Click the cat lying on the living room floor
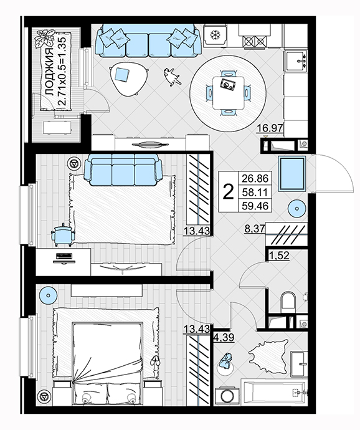pos(172,77)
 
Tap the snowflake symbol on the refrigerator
pos(215,35)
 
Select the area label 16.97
pos(270,128)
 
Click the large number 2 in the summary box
pos(229,192)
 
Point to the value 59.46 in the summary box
pos(255,206)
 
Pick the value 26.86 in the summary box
pos(255,178)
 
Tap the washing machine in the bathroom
pos(227,396)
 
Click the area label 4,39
pos(224,337)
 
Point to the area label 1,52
pos(278,256)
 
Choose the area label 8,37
pos(255,229)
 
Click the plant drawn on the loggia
pos(44,37)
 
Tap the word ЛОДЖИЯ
pos(49,72)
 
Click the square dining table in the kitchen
pos(229,92)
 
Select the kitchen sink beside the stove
pos(296,61)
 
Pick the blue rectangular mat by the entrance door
pos(291,173)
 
